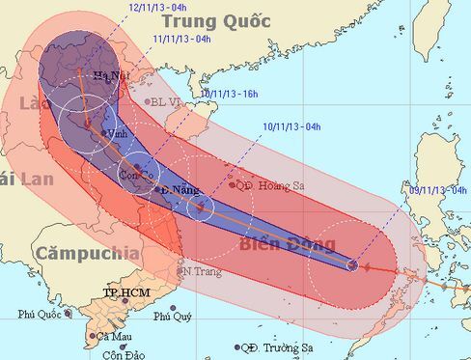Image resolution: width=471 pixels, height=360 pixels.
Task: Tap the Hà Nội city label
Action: pos(108,76)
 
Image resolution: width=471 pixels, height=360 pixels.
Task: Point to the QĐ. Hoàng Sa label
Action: pos(268,185)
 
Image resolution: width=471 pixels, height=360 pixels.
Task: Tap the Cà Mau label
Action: pos(110,336)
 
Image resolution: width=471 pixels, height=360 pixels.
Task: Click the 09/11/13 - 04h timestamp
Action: pos(440,189)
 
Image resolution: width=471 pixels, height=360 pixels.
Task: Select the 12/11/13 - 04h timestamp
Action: pos(157,7)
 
